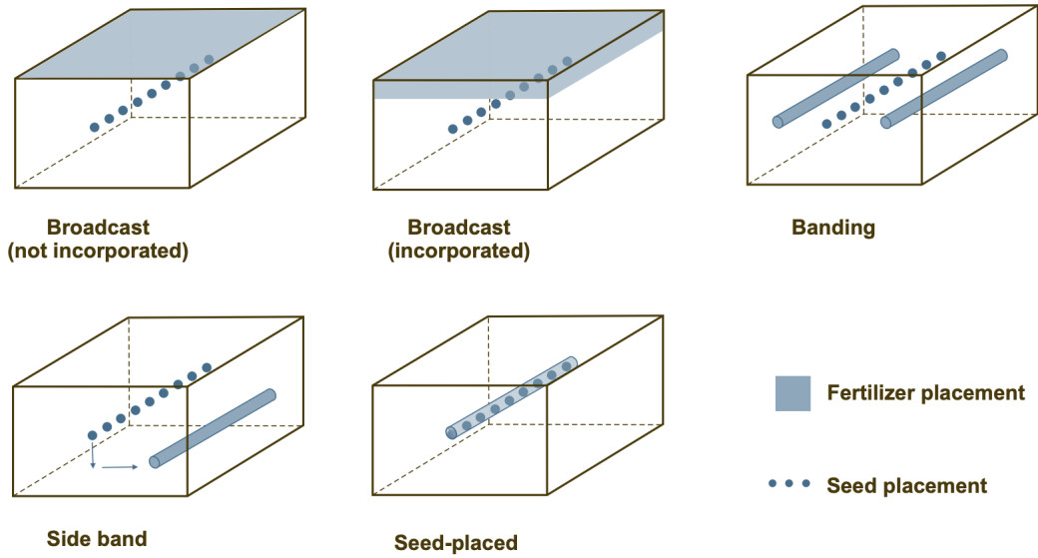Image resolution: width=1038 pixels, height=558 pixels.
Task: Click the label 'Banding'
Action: coord(832,228)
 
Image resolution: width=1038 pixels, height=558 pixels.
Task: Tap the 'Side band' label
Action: coord(97,539)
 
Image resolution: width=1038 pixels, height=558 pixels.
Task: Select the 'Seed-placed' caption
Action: coord(456,543)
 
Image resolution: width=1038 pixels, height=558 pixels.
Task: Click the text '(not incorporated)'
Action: coord(98,252)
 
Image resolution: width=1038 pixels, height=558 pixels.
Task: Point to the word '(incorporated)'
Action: coord(458,252)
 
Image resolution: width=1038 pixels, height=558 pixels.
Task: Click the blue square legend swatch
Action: coord(792,393)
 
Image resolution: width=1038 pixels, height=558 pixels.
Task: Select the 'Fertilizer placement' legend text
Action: coord(925,393)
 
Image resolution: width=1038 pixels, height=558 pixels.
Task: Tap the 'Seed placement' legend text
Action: coord(906,486)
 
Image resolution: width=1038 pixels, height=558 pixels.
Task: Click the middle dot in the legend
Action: coord(789,484)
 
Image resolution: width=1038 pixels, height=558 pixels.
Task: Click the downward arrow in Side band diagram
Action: coord(92,455)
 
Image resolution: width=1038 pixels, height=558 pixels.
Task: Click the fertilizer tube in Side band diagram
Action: coord(212,428)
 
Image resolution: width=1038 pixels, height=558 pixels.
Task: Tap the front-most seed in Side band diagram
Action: coord(92,435)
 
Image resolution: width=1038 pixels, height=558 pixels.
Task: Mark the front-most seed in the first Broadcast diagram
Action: coord(95,128)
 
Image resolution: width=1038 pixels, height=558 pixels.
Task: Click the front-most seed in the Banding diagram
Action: coord(826,124)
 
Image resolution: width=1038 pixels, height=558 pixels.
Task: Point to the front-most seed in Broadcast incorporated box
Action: coord(453,129)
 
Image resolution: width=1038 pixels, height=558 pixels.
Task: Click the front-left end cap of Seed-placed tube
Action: coord(451,433)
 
